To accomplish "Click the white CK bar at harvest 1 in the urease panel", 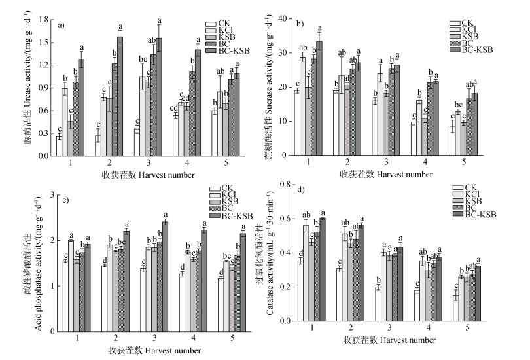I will pyautogui.click(x=59, y=146).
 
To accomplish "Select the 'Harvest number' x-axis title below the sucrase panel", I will pyautogui.click(x=406, y=175).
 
